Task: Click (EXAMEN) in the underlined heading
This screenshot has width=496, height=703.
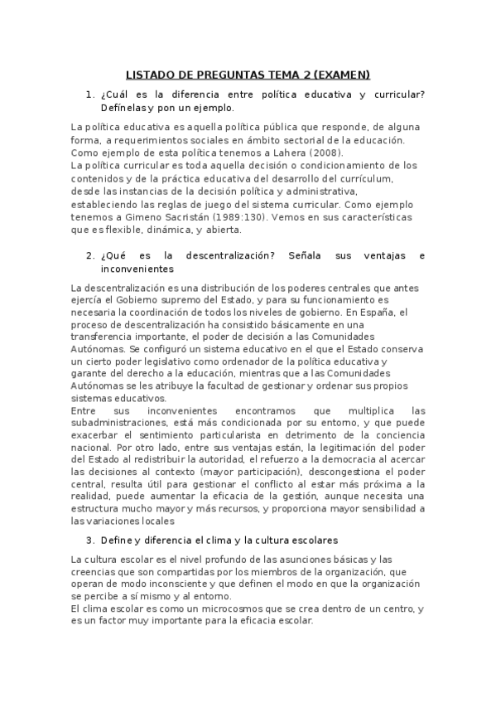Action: pos(340,73)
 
